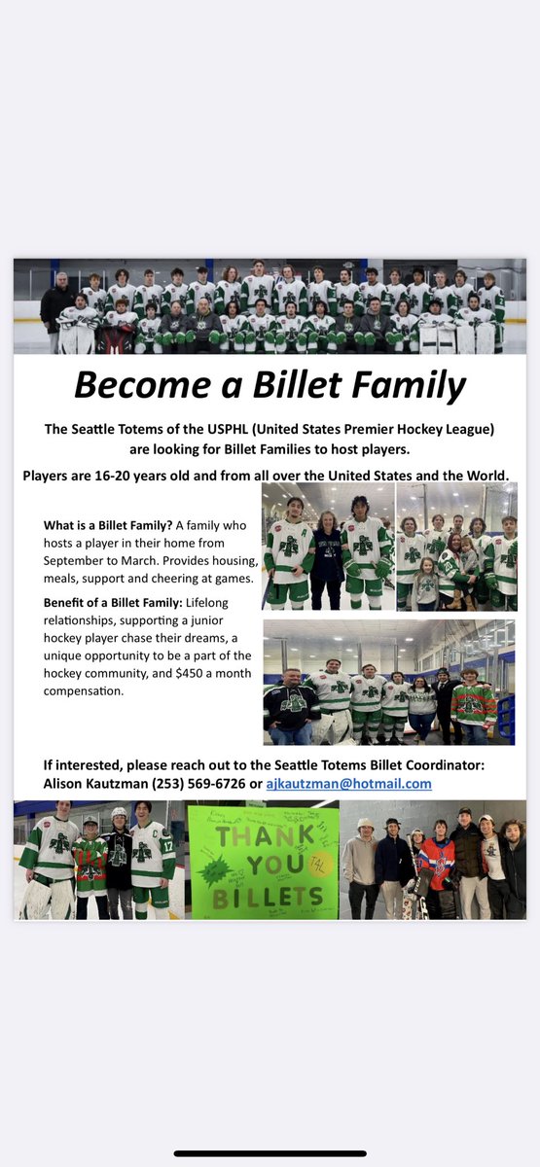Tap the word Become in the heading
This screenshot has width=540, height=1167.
(130, 386)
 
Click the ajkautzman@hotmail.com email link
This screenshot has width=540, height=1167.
(348, 783)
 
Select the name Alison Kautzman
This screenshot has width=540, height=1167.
(87, 783)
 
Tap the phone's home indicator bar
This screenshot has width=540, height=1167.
(270, 1153)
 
